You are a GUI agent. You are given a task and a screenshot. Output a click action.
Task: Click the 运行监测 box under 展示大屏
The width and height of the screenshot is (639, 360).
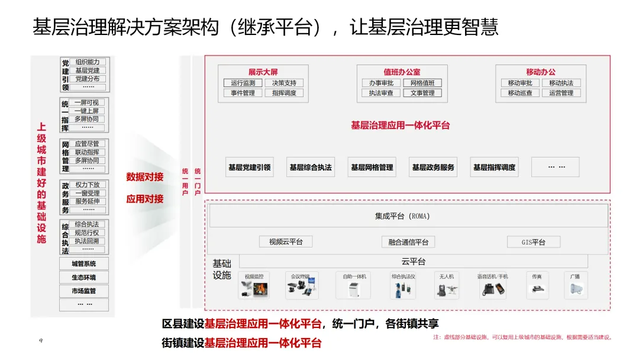pos(243,83)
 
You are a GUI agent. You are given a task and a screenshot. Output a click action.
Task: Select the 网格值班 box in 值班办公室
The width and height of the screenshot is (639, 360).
pos(422,83)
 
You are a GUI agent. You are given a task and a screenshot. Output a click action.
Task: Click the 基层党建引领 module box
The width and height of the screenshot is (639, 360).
pos(249,168)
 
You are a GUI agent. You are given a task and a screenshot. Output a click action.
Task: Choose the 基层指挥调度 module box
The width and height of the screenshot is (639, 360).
pos(494,168)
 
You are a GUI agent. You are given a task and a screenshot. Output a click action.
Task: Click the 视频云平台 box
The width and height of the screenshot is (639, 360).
pos(286,242)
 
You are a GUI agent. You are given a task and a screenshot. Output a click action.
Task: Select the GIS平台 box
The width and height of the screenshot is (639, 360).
pos(533,242)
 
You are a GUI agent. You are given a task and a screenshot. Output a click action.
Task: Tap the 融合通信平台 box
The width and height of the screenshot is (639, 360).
pos(408,242)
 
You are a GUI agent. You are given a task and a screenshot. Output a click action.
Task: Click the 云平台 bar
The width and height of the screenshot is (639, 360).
pos(413,261)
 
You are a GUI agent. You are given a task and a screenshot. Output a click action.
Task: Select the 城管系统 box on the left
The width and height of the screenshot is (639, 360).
pos(83,263)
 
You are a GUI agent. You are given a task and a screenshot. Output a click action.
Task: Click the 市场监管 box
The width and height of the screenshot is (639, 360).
pos(83,291)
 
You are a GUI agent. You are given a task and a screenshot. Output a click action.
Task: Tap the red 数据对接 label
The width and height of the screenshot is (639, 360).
pos(145,176)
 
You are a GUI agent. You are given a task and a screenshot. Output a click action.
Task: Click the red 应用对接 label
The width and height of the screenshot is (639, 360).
pos(145,199)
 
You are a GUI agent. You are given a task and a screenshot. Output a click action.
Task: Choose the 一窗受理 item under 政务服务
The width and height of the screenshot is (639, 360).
pos(87,193)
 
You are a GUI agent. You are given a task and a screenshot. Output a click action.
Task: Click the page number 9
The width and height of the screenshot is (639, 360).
pos(40,341)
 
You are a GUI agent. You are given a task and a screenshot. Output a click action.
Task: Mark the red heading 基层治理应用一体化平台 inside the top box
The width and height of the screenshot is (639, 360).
pos(400,125)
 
